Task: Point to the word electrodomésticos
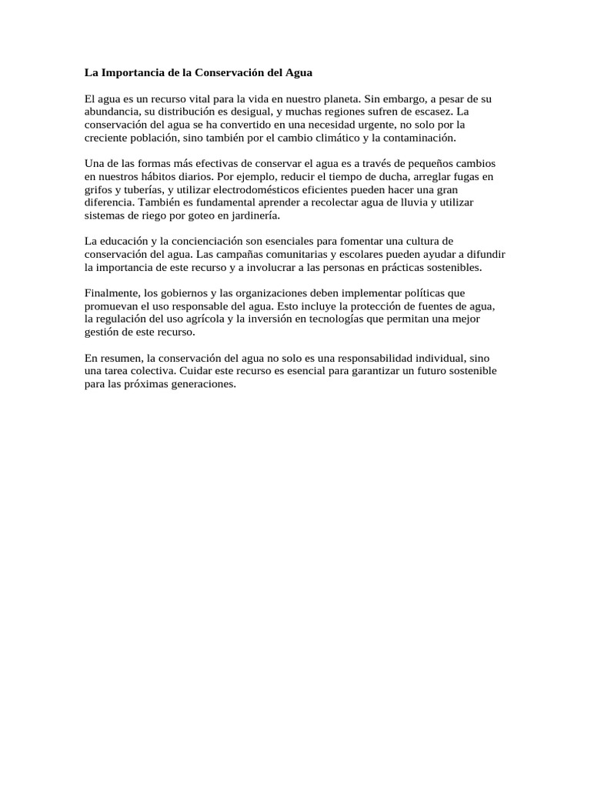coord(252,189)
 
